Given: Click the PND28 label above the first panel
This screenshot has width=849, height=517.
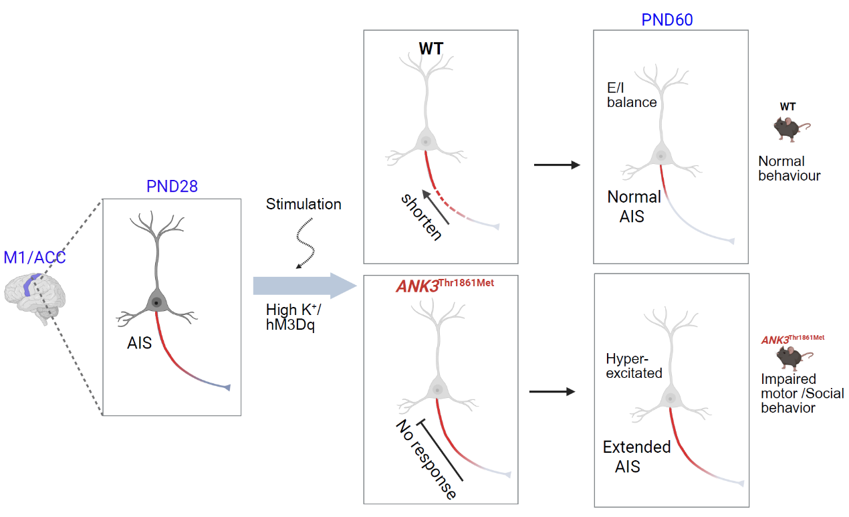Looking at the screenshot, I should [x=172, y=186].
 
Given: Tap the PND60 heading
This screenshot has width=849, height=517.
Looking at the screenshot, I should [x=666, y=19].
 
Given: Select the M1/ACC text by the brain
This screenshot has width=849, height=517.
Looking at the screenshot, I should [x=35, y=257].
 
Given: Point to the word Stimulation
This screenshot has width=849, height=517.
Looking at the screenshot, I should [x=304, y=204].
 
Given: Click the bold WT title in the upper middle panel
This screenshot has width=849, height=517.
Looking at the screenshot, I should [x=432, y=48].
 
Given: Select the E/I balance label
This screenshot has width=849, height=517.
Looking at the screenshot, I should [x=632, y=95].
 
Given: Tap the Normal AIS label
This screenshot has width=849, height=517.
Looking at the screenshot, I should [x=634, y=205].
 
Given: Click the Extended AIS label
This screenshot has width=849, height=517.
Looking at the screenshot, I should [x=636, y=455].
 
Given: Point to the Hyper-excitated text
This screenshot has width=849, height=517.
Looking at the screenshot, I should [x=634, y=366].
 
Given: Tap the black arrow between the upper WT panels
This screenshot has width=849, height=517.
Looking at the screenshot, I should [x=556, y=164].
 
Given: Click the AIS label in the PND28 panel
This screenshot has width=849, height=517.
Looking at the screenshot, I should [x=140, y=344].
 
